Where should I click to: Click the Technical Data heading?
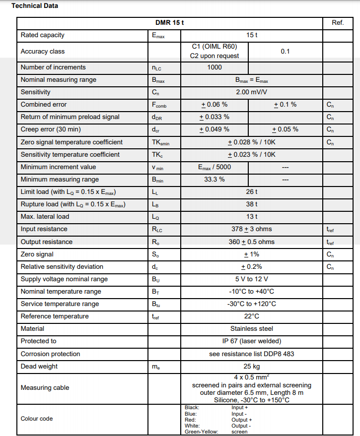[x=35, y=6]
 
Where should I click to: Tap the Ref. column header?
[x=338, y=23]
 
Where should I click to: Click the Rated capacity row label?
[x=43, y=35]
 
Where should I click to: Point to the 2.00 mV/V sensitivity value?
[x=252, y=92]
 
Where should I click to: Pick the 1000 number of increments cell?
[x=215, y=67]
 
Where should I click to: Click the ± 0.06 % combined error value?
[x=215, y=105]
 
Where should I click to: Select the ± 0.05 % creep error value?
[x=286, y=129]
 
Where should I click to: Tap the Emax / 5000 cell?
[x=215, y=167]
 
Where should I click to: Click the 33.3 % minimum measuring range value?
[x=215, y=180]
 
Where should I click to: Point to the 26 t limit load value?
[x=252, y=192]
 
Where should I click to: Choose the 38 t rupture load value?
[x=252, y=204]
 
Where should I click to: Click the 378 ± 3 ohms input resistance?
[x=252, y=229]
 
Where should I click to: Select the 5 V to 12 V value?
[x=252, y=279]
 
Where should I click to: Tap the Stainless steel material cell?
[x=252, y=329]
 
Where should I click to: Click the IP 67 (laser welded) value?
[x=252, y=341]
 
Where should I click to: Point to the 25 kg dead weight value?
[x=252, y=367]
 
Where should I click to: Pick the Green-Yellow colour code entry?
[x=201, y=432]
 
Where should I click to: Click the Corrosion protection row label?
[x=51, y=354]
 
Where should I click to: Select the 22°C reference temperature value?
[x=252, y=316]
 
